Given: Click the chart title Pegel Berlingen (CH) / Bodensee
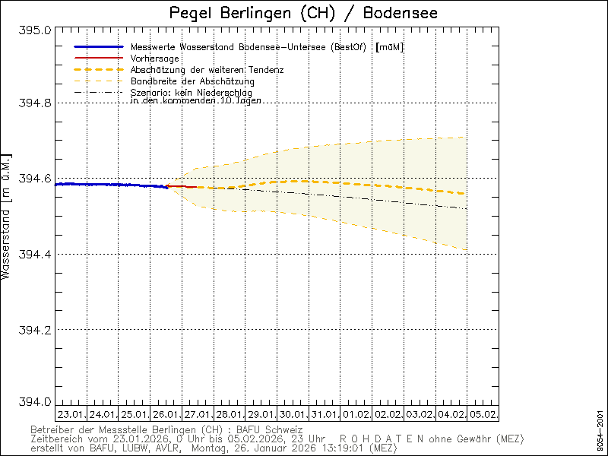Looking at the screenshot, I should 303,14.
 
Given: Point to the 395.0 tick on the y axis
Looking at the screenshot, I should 36,30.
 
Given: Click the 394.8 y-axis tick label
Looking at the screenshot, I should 36,103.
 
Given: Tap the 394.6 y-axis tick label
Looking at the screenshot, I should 36,179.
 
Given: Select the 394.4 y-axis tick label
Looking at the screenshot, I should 36,254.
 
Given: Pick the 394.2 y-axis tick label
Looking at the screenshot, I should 36,329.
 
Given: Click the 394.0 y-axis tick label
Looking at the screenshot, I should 36,402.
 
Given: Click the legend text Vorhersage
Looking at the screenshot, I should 155,59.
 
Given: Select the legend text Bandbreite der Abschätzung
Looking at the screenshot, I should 192,81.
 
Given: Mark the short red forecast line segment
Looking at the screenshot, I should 182,186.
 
